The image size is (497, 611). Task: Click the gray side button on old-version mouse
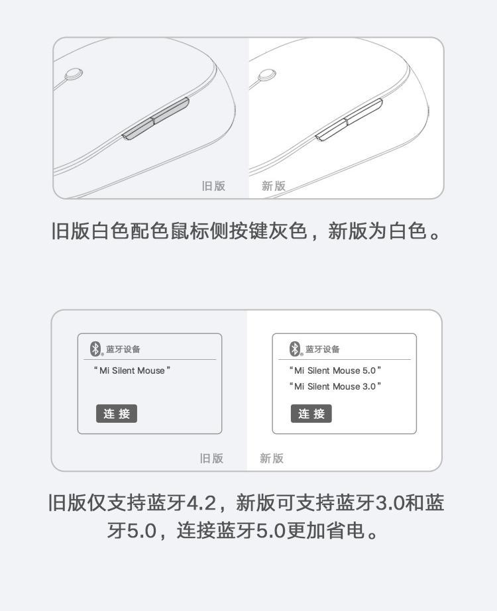[156, 119]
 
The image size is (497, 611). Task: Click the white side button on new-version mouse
[349, 120]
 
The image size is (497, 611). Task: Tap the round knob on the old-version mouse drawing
[74, 74]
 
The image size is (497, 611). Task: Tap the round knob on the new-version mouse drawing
[268, 75]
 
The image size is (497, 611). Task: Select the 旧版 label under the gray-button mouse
[213, 186]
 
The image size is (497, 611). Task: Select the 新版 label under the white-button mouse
[274, 186]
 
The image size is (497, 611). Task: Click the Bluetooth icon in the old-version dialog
[95, 349]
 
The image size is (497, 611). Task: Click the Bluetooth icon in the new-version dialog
[295, 349]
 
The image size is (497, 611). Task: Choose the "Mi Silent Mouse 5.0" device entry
[335, 370]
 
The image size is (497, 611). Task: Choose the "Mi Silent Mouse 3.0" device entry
[335, 386]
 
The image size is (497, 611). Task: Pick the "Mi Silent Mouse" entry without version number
[132, 370]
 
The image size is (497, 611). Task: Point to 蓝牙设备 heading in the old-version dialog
[123, 349]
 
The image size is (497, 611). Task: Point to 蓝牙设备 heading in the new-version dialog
[323, 349]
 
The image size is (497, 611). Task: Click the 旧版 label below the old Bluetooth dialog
[211, 459]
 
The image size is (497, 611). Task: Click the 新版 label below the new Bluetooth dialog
[272, 459]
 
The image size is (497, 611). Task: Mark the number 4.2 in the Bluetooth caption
[201, 503]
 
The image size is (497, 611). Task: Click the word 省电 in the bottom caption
[346, 530]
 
